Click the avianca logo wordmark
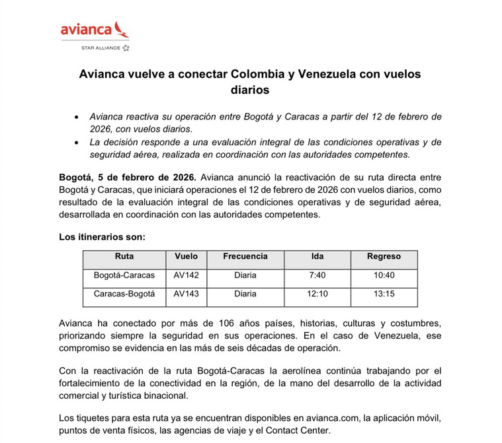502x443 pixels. click(86, 30)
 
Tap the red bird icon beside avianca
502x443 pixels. click(121, 29)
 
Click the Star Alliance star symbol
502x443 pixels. click(126, 48)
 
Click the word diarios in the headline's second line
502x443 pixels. click(251, 89)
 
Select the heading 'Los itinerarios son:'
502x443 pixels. click(102, 236)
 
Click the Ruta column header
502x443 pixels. click(124, 257)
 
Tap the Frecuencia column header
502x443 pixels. click(245, 257)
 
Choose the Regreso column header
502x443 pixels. click(384, 257)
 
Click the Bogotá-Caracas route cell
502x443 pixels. click(124, 275)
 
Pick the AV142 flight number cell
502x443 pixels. click(186, 275)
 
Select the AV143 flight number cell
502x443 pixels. click(186, 294)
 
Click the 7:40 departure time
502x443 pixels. click(317, 275)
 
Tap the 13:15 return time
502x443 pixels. click(384, 294)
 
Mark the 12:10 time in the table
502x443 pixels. click(317, 294)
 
